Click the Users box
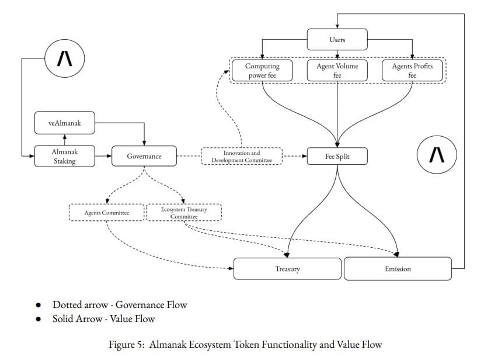coord(337,40)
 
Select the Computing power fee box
coord(262,71)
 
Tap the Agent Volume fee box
coord(337,71)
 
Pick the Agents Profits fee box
coord(412,71)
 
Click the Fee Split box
coord(337,156)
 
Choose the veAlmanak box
coord(64,123)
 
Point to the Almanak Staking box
coord(64,156)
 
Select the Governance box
coord(144,156)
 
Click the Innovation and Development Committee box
coord(242,156)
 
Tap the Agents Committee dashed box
coord(106,213)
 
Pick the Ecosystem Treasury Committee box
coord(184,213)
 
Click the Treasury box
coord(287,269)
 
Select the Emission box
coord(398,269)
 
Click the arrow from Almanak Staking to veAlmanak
coord(64,140)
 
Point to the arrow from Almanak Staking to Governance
coord(103,156)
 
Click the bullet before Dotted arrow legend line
coord(39,305)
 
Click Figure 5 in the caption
coord(127,345)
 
